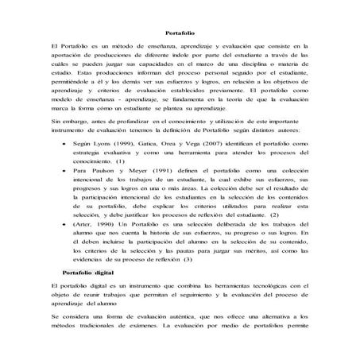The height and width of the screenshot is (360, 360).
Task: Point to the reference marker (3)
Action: click(x=188, y=260)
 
